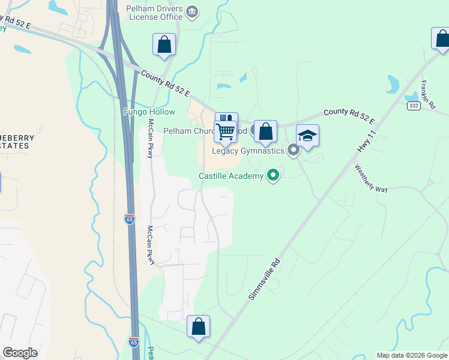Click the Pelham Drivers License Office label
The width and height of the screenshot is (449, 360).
154,13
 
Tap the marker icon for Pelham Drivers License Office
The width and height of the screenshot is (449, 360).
192,11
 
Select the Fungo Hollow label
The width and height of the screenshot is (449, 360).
149,112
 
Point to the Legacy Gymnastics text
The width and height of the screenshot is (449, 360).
248,151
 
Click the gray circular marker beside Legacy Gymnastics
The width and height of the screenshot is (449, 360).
294,150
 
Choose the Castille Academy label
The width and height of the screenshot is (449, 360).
231,176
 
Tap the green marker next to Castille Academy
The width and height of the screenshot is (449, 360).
274,175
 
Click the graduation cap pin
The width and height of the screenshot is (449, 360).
307,136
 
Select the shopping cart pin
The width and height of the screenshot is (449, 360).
226,130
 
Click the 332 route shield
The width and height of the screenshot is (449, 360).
413,106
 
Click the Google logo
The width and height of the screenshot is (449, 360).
20,353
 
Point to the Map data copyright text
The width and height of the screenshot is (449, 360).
412,355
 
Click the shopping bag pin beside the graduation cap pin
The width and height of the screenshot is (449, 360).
265,131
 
